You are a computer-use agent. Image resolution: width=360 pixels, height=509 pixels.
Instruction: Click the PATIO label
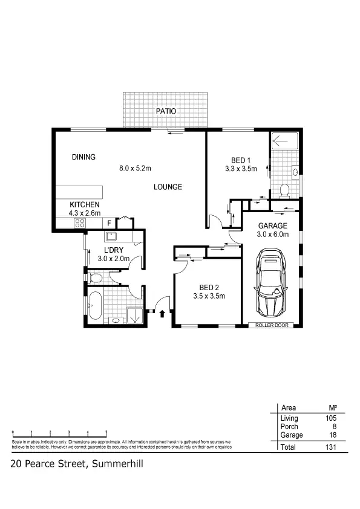click(166, 111)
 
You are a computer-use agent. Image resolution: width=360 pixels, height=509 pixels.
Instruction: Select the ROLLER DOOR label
click(270, 325)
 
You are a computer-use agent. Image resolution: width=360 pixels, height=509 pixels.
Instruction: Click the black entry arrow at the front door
click(162, 313)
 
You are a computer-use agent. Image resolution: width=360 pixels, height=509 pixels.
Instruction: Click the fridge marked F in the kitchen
click(109, 223)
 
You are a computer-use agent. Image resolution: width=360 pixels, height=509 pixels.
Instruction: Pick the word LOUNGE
click(168, 187)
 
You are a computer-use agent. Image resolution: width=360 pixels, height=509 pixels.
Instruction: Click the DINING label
click(83, 157)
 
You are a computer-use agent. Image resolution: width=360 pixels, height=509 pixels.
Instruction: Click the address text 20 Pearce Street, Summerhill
click(76, 464)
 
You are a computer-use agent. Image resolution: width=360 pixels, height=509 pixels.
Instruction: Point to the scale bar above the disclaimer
click(59, 434)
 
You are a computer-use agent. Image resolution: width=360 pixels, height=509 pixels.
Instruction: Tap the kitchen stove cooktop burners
click(79, 223)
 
